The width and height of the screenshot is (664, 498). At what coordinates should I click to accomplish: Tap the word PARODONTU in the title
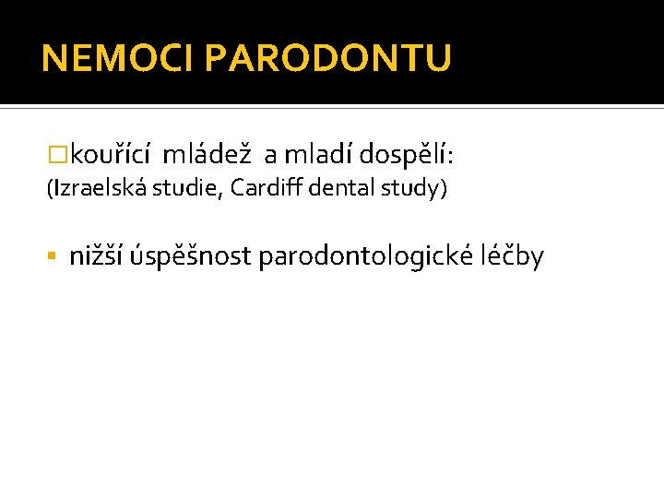coord(328,59)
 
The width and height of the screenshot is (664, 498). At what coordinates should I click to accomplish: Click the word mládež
coord(210,154)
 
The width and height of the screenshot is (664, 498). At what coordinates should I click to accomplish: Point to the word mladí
coord(318,154)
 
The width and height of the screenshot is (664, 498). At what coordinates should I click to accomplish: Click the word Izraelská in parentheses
coord(95,188)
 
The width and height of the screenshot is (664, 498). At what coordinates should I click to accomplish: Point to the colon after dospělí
coord(449,157)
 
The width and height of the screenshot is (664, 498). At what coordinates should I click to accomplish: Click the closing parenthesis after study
coord(444,189)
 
